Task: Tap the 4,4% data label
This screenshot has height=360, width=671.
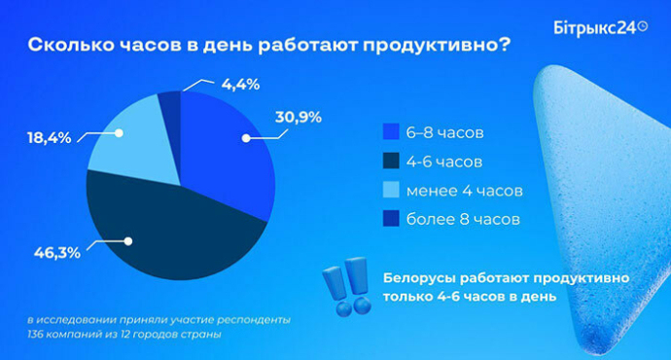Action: coord(239,84)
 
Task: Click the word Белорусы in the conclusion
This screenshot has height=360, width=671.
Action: coord(421,277)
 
